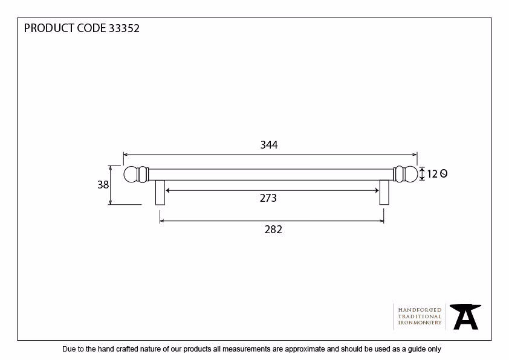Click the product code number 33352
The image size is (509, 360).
(124, 28)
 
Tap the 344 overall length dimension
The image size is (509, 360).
(269, 144)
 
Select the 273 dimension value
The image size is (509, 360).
(268, 198)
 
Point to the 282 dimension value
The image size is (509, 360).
(273, 230)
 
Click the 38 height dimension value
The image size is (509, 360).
(103, 185)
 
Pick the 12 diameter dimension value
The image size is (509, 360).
(432, 174)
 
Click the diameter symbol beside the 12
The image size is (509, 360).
(444, 174)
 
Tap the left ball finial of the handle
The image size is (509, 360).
(131, 175)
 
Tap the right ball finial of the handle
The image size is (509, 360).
(410, 174)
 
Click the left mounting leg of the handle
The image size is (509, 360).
(160, 192)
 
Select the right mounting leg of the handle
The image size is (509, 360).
(384, 192)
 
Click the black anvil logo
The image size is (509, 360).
(465, 317)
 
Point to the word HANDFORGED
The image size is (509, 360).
(420, 310)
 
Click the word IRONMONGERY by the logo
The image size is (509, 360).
(420, 323)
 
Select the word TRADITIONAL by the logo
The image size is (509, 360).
(420, 317)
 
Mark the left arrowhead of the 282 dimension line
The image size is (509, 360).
(161, 221)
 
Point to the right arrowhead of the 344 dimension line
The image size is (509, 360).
(415, 155)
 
